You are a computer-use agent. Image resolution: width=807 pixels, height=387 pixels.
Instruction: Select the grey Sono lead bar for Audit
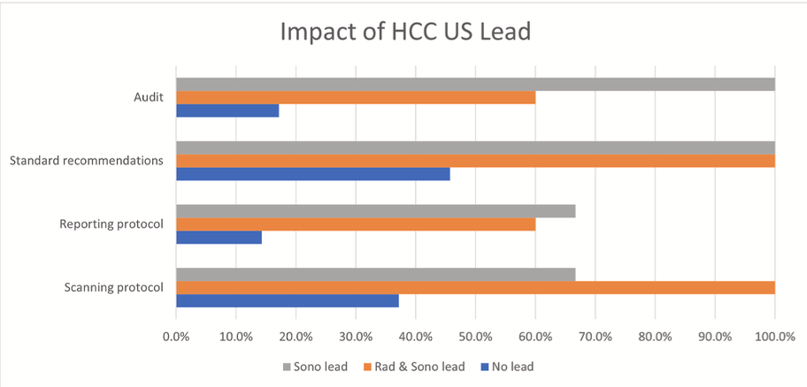[475, 84]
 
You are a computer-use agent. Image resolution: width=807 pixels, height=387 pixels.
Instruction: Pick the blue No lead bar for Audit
[227, 110]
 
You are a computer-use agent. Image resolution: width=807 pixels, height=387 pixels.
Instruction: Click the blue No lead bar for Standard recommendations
[312, 173]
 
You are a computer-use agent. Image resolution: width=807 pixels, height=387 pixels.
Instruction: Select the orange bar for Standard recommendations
[475, 161]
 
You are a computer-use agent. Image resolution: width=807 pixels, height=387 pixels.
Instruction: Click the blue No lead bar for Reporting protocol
[219, 237]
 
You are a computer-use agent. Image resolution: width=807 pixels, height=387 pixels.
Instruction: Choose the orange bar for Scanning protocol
[475, 287]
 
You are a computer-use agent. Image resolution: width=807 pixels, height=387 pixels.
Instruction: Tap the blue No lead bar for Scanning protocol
[288, 300]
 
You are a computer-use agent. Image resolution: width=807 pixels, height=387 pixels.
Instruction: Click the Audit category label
[149, 97]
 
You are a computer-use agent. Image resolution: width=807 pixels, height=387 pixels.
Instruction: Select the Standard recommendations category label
[86, 161]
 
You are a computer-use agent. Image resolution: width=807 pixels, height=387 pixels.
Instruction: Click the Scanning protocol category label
[114, 287]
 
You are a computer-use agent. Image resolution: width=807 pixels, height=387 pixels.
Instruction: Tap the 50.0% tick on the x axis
[475, 336]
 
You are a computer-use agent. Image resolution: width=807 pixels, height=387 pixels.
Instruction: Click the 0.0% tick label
[176, 336]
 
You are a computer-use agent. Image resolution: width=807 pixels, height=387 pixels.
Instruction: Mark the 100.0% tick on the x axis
[774, 336]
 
